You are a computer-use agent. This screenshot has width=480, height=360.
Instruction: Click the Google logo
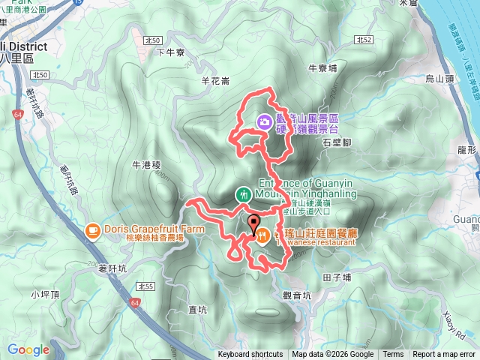[x=28, y=349]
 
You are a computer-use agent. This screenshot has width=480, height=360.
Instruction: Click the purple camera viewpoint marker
[x=264, y=121]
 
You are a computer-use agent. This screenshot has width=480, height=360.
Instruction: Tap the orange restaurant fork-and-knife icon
[x=263, y=236]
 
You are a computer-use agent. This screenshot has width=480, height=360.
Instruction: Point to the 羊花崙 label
[x=215, y=79]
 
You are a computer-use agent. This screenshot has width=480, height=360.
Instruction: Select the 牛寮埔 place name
[x=322, y=67]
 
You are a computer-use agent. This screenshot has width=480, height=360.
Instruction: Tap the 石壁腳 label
[x=336, y=141]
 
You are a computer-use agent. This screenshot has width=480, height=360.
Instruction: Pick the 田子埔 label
[x=336, y=277]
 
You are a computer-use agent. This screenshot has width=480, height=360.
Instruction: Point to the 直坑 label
[x=197, y=309]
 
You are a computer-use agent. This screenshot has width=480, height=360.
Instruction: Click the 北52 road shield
[x=364, y=40]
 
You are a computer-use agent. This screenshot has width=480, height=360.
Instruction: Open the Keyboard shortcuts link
[x=250, y=355]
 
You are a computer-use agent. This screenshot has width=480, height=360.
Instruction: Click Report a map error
[x=445, y=355]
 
